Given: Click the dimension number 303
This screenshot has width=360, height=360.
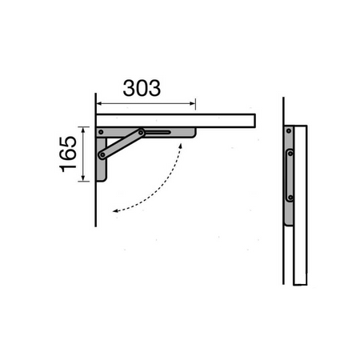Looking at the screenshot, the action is click(142, 88).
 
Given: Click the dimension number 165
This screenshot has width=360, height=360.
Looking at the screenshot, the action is click(68, 154).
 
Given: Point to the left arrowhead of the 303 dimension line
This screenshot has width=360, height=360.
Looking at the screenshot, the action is click(99, 103).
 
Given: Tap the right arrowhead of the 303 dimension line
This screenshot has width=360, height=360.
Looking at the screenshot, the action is click(193, 103).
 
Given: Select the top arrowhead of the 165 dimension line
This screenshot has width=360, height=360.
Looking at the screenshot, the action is click(83, 130).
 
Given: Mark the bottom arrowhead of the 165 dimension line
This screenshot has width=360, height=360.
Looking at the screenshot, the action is click(83, 178).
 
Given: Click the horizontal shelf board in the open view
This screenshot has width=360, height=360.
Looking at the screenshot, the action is click(176, 121).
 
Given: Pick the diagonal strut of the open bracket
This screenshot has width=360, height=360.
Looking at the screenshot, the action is click(122, 144).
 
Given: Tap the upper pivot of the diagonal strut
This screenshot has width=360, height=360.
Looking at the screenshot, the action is click(141, 133).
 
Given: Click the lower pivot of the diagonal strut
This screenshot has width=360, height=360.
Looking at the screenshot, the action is click(102, 154).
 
